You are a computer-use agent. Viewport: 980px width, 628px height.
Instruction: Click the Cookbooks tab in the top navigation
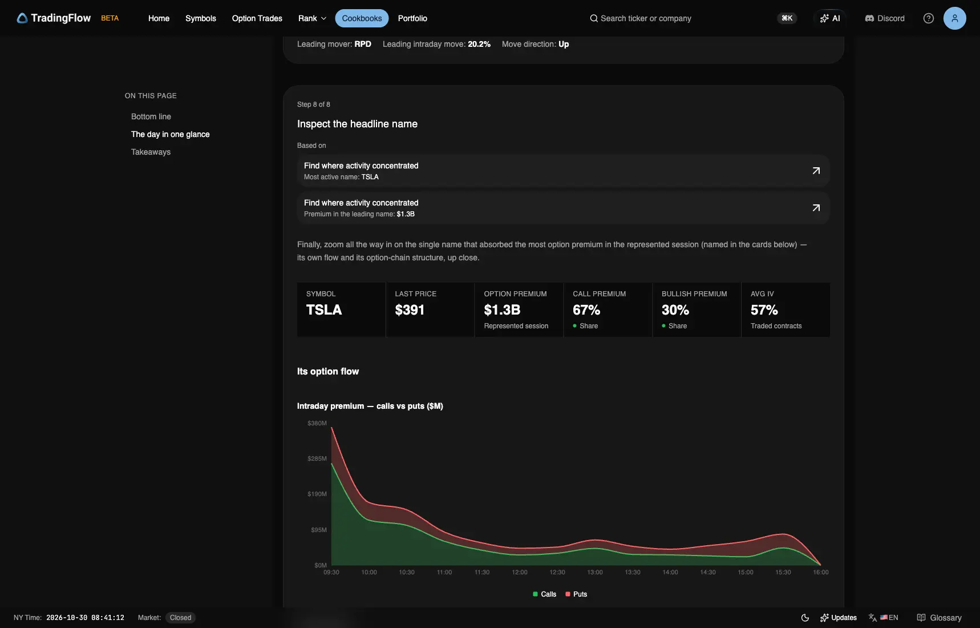(x=362, y=18)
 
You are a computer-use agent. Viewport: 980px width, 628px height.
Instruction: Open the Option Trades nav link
(x=257, y=18)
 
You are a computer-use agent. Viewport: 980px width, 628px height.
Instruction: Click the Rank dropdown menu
(x=312, y=18)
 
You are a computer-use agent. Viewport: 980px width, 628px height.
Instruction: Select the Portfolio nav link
(x=412, y=18)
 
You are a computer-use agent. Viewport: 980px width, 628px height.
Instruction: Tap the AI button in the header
(x=830, y=18)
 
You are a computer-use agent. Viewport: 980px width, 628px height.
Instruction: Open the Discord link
(x=885, y=18)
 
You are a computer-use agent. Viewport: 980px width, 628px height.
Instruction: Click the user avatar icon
(x=954, y=18)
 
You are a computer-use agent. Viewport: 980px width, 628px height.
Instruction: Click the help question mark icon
(x=929, y=18)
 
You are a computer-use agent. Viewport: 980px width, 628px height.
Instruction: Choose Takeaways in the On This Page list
(x=151, y=152)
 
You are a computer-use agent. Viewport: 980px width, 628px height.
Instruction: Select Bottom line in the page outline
(x=151, y=116)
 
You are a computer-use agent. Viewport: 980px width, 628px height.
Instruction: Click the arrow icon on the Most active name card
(x=816, y=171)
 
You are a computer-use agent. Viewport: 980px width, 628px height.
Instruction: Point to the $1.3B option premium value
(x=502, y=310)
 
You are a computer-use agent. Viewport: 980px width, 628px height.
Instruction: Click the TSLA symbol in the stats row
(x=324, y=310)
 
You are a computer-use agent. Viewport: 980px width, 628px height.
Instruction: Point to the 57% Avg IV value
(x=764, y=310)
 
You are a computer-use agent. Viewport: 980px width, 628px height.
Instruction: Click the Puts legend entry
(x=576, y=594)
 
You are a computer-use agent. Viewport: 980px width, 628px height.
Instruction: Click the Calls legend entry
(x=544, y=594)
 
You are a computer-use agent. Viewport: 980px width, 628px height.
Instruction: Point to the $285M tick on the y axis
(x=317, y=458)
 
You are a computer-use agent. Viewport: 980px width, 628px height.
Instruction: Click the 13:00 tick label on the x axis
(x=595, y=572)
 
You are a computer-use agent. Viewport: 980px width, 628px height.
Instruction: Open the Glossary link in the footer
(x=939, y=618)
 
